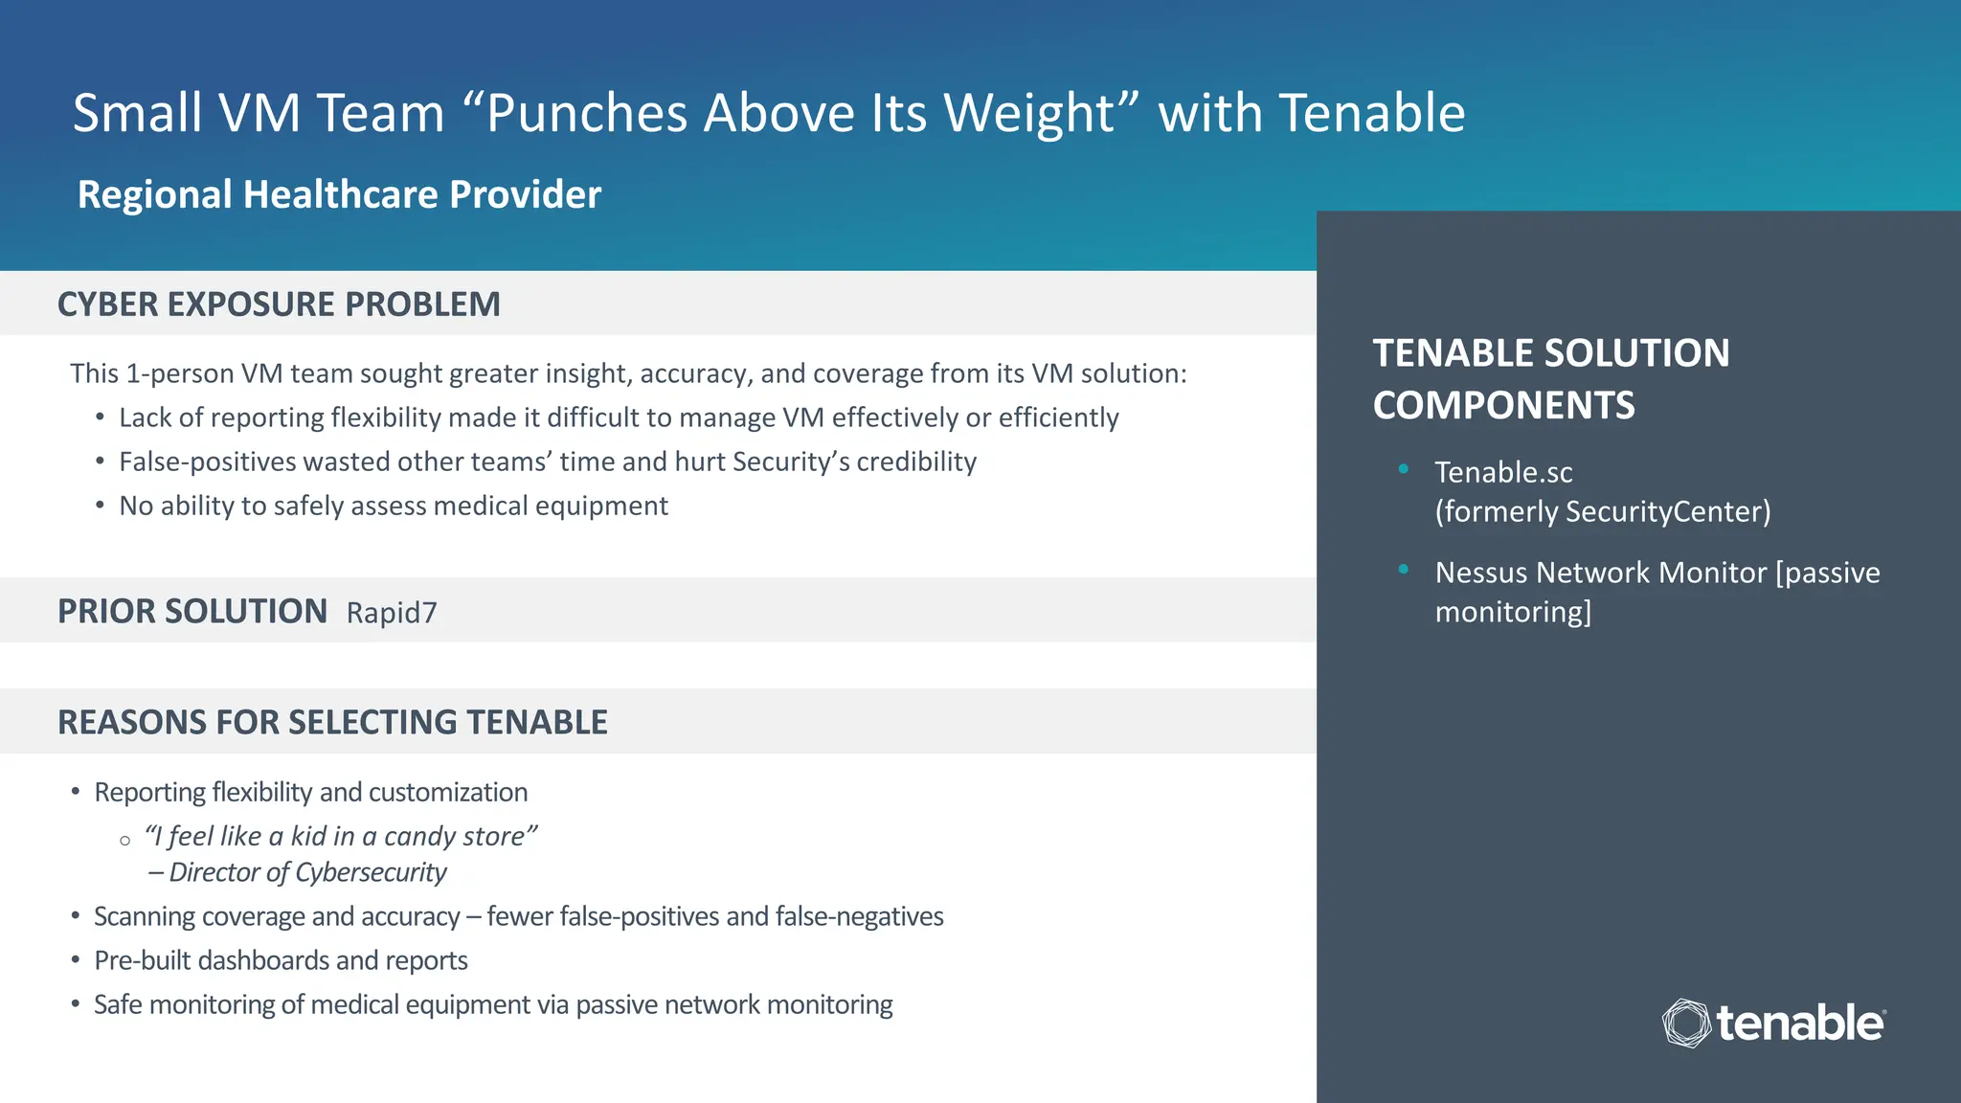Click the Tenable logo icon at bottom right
[x=1686, y=1023]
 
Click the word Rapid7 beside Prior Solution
[x=391, y=613]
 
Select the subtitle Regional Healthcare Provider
[x=339, y=194]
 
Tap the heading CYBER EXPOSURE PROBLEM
[x=279, y=304]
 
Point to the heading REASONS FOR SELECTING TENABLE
[x=332, y=722]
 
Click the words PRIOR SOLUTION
[x=192, y=611]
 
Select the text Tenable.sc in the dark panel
[x=1503, y=472]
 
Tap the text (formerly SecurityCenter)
[x=1602, y=511]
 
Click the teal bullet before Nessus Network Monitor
[x=1404, y=569]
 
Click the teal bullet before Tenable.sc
[x=1404, y=468]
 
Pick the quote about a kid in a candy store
[x=341, y=836]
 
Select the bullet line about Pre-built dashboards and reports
[x=281, y=960]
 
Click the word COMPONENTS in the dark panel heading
[x=1503, y=405]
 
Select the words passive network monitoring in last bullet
[x=733, y=1004]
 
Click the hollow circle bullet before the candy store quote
[x=125, y=841]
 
